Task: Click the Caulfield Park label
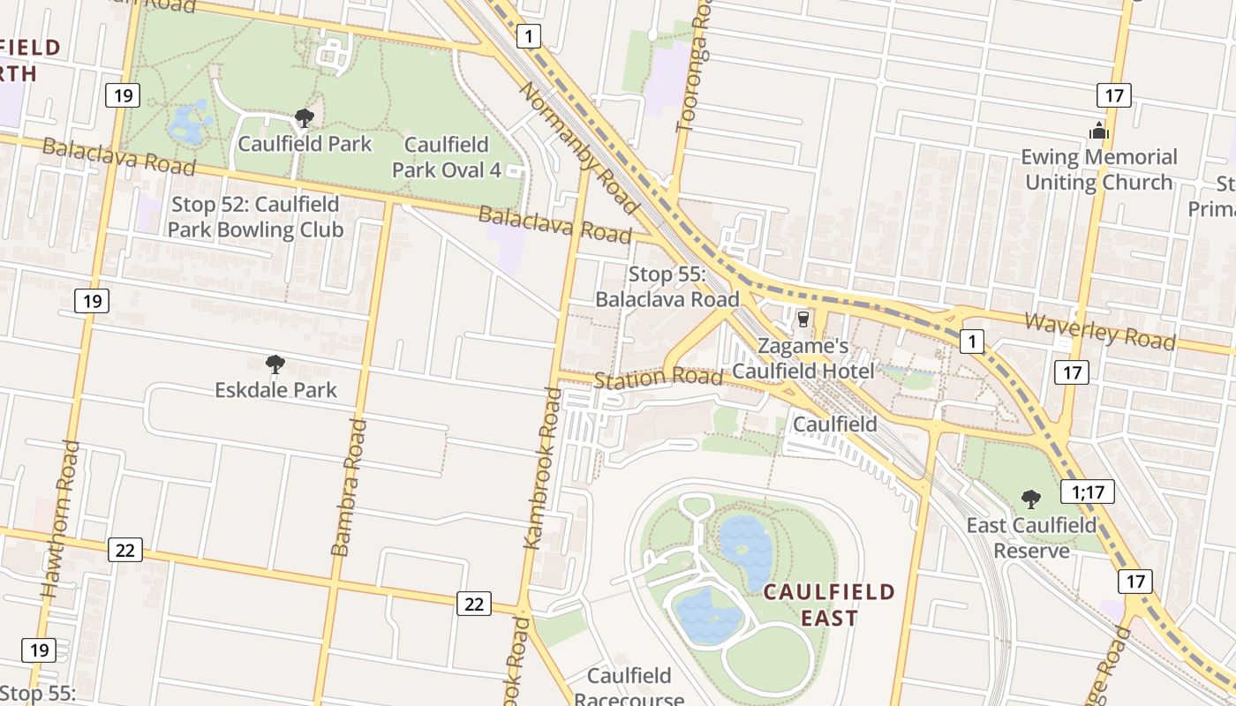305,144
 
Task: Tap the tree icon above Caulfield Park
305,118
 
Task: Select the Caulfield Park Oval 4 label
446,157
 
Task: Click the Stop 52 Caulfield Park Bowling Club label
255,217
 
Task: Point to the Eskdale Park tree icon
275,364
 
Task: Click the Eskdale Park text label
275,389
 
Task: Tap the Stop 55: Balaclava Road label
667,287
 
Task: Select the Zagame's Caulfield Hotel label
803,358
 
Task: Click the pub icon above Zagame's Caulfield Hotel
803,319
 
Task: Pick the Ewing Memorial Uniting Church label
1099,169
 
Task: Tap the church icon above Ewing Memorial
1098,131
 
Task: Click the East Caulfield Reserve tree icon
1030,499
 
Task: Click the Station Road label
659,379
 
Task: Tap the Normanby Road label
577,147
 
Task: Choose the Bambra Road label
348,487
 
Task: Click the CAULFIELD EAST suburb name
829,605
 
